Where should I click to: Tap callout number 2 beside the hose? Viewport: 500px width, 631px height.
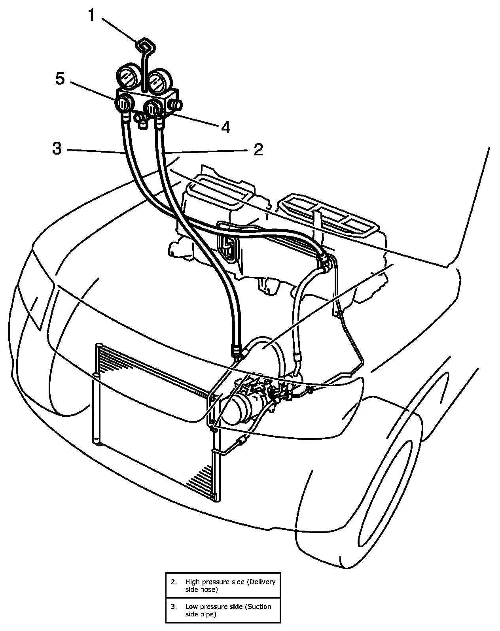[258, 150]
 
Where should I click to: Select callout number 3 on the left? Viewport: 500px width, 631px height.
[57, 148]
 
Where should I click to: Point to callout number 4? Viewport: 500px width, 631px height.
[225, 127]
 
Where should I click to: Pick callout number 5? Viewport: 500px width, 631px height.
[59, 78]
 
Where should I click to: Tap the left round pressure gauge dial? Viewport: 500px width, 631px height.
[127, 78]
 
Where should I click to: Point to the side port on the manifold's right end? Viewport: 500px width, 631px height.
[175, 105]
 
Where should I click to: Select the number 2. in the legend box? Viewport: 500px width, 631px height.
[174, 582]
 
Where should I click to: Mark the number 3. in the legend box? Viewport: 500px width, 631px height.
[174, 606]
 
